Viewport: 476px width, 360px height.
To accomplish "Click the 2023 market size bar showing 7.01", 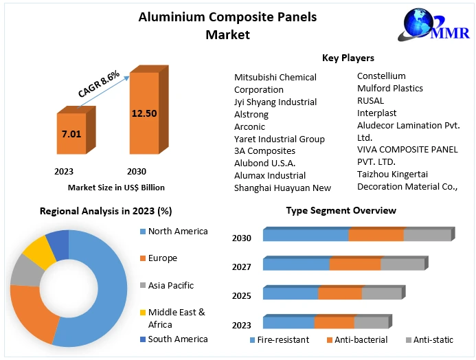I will (x=71, y=134).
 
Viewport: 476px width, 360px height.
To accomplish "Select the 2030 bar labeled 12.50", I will (x=144, y=113).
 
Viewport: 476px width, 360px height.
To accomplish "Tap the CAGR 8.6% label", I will (x=99, y=83).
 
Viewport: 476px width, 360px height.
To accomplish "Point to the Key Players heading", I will (x=348, y=58).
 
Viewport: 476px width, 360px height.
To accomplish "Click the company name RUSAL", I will (x=371, y=100).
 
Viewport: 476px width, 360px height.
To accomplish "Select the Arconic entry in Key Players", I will (x=249, y=126).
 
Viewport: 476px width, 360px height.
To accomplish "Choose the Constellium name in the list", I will (x=381, y=76).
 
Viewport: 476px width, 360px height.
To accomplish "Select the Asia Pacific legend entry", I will (x=170, y=285).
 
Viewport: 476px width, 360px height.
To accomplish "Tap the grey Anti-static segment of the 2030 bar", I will (x=427, y=234).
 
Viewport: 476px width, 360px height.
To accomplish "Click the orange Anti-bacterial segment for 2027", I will (x=354, y=265).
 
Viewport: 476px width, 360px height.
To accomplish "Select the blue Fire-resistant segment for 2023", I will (x=288, y=323).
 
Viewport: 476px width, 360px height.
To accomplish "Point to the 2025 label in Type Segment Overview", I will (x=242, y=295).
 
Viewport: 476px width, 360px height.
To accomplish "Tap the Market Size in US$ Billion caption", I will (x=116, y=187).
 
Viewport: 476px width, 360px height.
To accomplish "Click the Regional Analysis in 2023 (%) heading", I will (x=106, y=211).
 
